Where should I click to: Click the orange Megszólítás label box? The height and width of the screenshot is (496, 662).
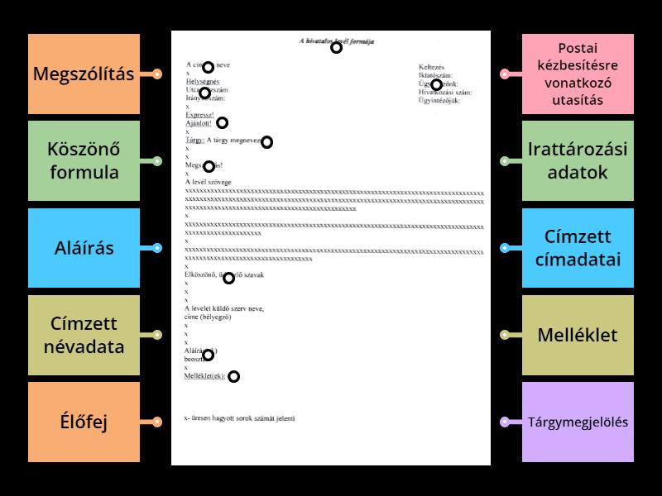coord(84,74)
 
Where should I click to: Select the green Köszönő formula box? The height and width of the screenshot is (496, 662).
coord(84,161)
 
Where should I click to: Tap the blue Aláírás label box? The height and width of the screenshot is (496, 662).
coord(84,248)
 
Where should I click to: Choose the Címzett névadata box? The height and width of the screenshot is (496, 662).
coord(84,335)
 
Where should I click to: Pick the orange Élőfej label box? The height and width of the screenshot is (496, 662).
coord(84,422)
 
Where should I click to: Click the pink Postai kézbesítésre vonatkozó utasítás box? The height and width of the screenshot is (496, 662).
coord(578,74)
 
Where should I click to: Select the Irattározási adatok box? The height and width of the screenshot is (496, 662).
coord(578,161)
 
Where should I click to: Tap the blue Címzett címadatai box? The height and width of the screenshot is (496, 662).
coord(578,248)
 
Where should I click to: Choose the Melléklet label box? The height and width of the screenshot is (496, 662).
coord(578,335)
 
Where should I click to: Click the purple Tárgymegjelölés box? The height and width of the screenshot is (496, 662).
coord(578,422)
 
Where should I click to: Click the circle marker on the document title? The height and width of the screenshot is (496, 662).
coord(336,48)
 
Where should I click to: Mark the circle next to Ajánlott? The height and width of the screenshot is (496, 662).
coord(222,123)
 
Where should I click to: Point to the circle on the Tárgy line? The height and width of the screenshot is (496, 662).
coord(266,142)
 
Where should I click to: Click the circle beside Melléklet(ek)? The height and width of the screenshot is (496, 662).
coord(233,377)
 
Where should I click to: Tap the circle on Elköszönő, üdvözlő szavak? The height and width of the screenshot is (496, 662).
coord(228,278)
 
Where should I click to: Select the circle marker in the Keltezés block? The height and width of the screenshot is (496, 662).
coord(436,84)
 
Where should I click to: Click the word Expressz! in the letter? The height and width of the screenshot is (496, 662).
coord(199,115)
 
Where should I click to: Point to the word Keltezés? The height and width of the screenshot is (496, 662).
coord(431,66)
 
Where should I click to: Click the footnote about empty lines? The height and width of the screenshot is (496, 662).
coord(239,418)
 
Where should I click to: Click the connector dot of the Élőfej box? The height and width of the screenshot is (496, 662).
coord(156,422)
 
